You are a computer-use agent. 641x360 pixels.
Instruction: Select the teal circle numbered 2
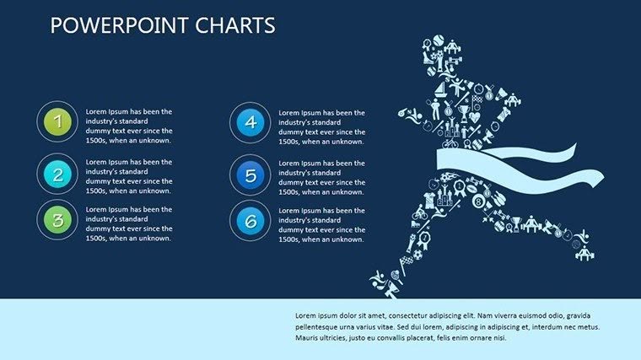coord(57,175)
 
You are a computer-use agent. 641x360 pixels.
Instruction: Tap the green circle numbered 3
coord(57,221)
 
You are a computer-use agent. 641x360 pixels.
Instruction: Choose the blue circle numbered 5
coord(250,175)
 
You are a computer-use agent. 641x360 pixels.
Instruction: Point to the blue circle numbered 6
coord(250,221)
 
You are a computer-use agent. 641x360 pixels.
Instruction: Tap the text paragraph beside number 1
coord(129,126)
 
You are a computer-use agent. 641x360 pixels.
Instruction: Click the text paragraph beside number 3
coord(129,223)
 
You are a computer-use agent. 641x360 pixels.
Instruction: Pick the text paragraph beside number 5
coord(321,177)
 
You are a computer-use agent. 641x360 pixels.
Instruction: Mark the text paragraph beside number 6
coord(321,223)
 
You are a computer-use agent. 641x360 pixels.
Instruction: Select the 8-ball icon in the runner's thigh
coord(479,202)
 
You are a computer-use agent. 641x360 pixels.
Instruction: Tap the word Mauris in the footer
coord(308,337)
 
